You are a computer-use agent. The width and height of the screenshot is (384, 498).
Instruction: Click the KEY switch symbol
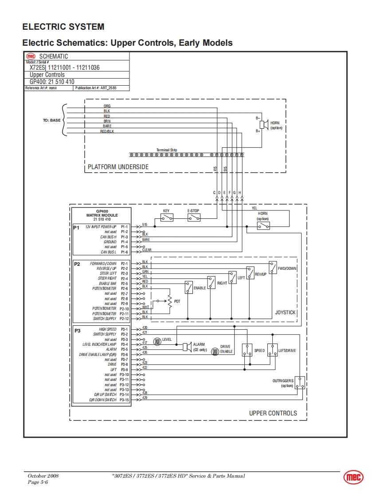pos(167,217)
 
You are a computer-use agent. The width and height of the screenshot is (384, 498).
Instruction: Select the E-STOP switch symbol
pos(193,217)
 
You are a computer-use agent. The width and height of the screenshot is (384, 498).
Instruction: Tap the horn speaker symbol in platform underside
pos(263,124)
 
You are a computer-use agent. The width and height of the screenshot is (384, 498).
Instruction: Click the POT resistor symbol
pos(170,301)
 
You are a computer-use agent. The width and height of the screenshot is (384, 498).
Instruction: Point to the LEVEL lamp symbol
pos(157,341)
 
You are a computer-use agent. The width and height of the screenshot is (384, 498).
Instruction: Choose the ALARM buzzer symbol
pos(186,347)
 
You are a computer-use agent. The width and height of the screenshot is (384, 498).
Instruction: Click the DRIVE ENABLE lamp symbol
pos(215,351)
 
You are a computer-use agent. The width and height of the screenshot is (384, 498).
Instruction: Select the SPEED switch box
pos(247,350)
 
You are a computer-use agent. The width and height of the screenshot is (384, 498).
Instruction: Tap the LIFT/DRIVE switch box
pos(272,350)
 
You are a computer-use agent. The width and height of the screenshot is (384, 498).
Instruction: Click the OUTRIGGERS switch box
pos(300,383)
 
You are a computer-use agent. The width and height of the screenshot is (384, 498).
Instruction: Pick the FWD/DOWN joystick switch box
pos(273,268)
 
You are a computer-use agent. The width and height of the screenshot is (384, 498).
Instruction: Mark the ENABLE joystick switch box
pos(189,288)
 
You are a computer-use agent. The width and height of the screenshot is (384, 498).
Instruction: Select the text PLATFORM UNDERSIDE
pos(118,167)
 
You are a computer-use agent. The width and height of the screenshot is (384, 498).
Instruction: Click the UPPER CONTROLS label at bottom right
pos(273,413)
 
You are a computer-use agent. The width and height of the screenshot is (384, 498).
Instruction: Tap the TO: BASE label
pos(51,120)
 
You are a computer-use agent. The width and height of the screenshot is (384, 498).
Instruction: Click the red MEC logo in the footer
pos(353,477)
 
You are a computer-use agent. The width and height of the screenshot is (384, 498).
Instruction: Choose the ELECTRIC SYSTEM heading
pos(63,27)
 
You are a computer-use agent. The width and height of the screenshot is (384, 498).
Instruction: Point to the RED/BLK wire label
pos(107,131)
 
